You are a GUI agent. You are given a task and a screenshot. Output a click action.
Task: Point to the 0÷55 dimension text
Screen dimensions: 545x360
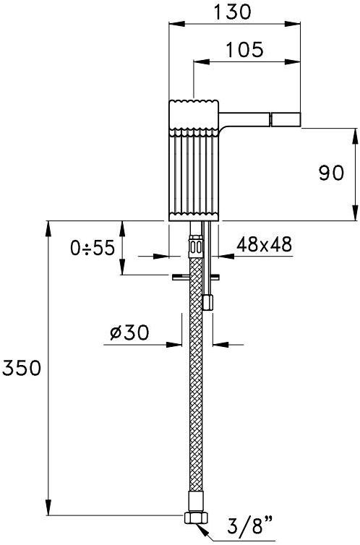92,248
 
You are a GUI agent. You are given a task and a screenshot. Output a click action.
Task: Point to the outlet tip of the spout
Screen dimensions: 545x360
285,118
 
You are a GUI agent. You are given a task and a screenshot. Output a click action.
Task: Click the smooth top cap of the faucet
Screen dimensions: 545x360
193,112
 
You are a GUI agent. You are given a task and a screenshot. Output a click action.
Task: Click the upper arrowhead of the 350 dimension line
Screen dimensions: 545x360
49,226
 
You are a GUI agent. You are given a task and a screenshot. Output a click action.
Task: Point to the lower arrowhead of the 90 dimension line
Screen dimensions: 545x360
355,215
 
